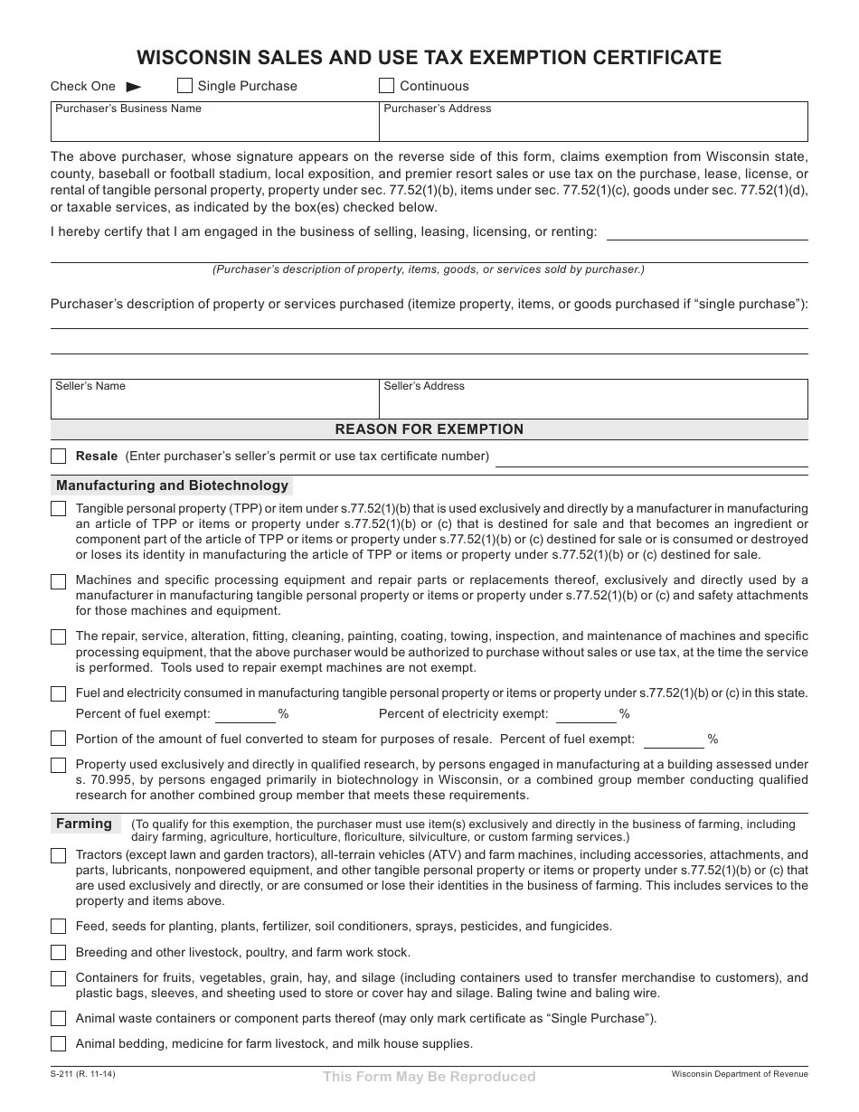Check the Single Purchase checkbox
pyautogui.click(x=184, y=86)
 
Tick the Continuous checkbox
pyautogui.click(x=387, y=86)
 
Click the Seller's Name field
pyautogui.click(x=214, y=402)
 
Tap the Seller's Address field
pyautogui.click(x=593, y=402)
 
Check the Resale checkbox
pyautogui.click(x=59, y=456)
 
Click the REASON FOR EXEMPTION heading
pyautogui.click(x=429, y=429)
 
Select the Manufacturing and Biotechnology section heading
pyautogui.click(x=172, y=485)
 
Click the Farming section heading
pyautogui.click(x=84, y=824)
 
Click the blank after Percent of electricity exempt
pyautogui.click(x=586, y=714)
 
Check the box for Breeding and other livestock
pyautogui.click(x=59, y=952)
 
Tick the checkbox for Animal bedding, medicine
pyautogui.click(x=59, y=1043)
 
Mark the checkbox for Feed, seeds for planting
pyautogui.click(x=59, y=926)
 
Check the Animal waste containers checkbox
pyautogui.click(x=59, y=1018)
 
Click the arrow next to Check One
pyautogui.click(x=134, y=87)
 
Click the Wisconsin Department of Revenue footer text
pyautogui.click(x=740, y=1074)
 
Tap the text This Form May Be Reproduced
pyautogui.click(x=429, y=1077)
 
